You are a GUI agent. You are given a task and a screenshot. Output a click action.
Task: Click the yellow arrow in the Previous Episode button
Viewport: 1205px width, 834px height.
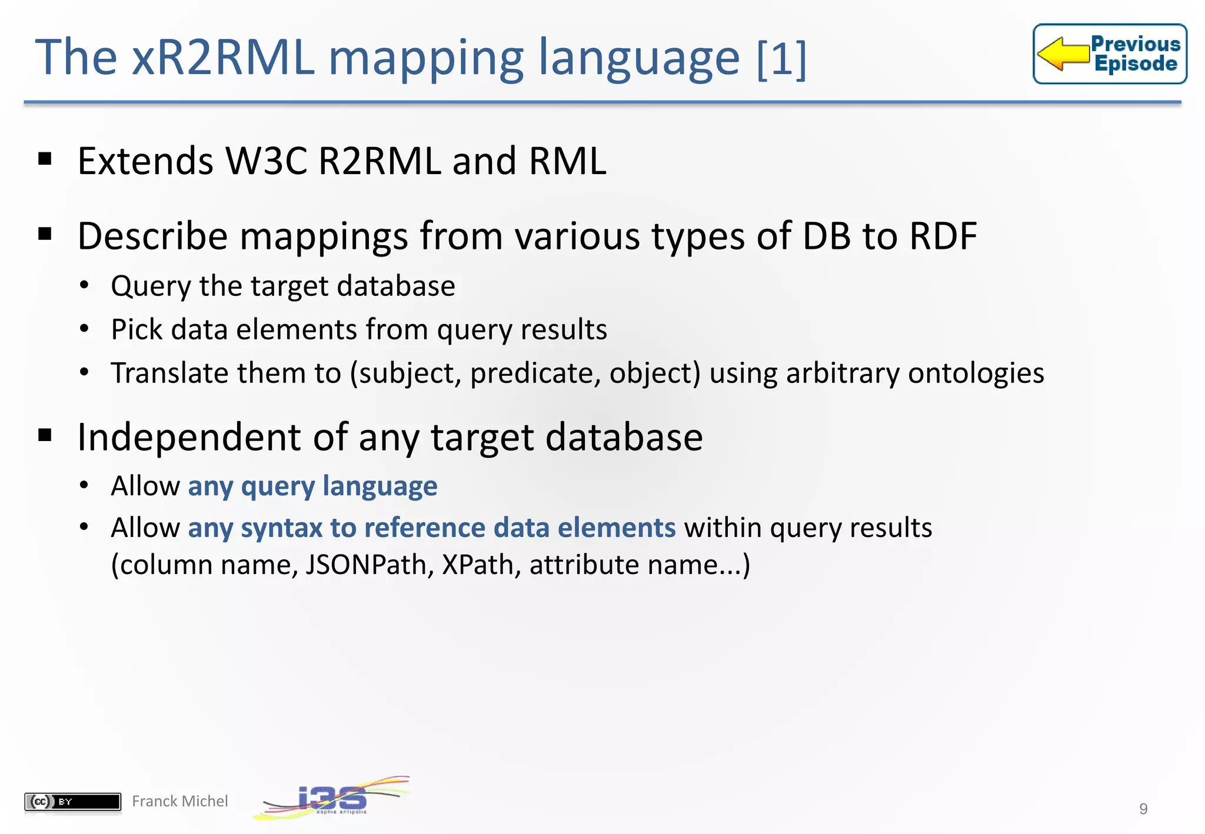tap(1063, 54)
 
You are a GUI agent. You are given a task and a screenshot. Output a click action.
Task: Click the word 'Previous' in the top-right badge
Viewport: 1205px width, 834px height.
tap(1135, 44)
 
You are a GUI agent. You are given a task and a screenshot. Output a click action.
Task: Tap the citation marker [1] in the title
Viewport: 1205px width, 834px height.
tap(781, 58)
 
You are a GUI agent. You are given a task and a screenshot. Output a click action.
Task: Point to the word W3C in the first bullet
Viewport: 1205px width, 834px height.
tap(266, 161)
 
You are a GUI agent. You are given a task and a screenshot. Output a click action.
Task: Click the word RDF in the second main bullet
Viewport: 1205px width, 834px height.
tap(943, 236)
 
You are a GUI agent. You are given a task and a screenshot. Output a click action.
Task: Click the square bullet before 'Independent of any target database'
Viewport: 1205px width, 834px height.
tap(45, 435)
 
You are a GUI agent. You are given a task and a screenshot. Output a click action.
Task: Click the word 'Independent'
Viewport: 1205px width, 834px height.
tap(189, 438)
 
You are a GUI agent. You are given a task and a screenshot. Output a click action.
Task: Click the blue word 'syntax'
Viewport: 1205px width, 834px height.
tap(281, 528)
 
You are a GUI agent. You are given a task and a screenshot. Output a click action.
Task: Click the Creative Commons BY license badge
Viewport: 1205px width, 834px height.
tap(72, 801)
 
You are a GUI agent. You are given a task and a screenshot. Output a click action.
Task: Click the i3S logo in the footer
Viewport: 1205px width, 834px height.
tap(331, 799)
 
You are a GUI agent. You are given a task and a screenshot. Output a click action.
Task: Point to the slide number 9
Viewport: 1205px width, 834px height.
tap(1143, 809)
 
